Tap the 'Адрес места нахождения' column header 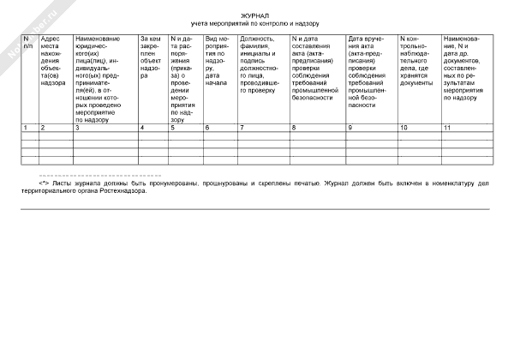pyautogui.click(x=54, y=61)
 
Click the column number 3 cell pyautogui.click(x=78, y=128)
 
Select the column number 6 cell pyautogui.click(x=207, y=128)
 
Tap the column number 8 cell pyautogui.click(x=294, y=128)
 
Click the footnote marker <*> pyautogui.click(x=44, y=183)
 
